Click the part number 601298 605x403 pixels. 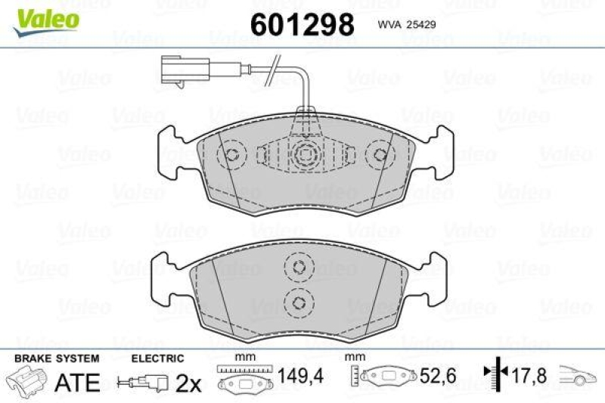coord(302,25)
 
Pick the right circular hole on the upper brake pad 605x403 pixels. coord(379,156)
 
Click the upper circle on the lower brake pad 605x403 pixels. coord(298,266)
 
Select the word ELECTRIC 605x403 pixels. coord(157,358)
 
